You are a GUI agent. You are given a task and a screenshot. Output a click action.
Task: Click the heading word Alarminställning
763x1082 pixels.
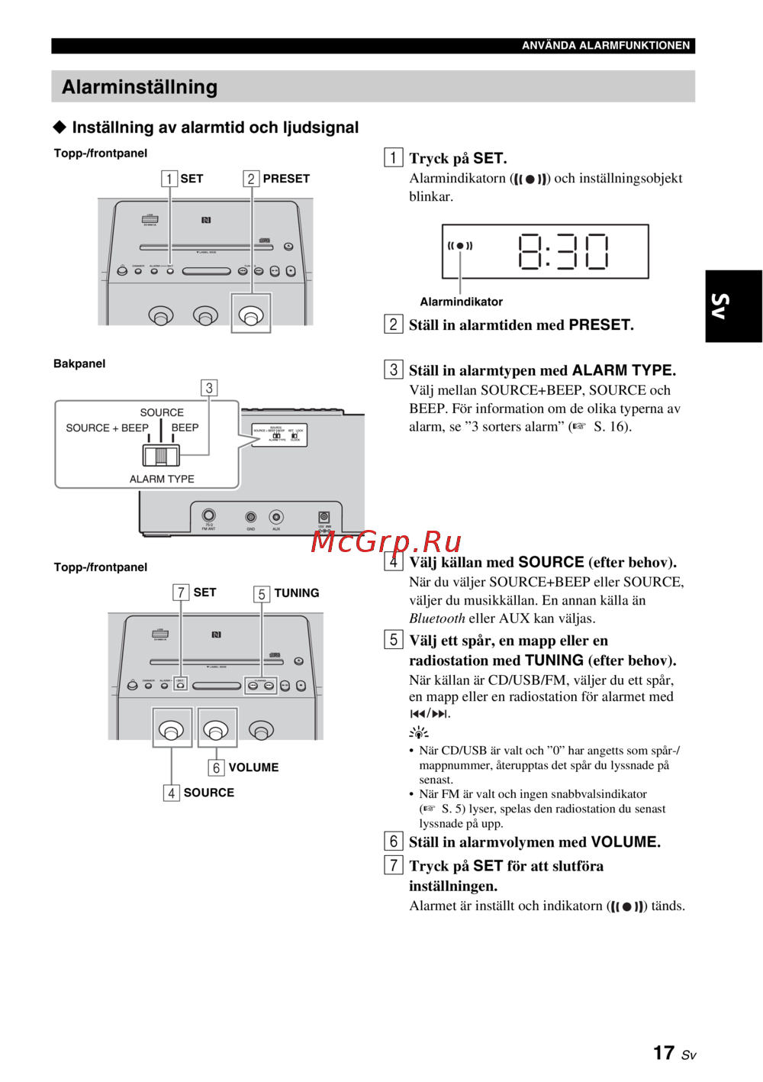140,87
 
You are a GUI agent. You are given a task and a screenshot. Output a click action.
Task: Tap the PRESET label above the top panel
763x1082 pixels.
286,179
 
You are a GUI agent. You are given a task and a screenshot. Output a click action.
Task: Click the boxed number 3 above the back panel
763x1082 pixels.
209,388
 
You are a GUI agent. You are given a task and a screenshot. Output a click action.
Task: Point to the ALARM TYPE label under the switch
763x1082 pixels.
162,479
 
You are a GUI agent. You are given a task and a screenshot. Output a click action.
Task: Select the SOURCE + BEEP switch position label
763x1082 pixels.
107,428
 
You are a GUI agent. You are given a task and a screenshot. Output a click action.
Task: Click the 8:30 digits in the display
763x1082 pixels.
563,252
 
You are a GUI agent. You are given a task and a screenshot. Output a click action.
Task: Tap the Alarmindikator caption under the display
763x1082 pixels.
461,302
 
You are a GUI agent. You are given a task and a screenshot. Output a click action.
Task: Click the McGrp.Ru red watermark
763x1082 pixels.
386,541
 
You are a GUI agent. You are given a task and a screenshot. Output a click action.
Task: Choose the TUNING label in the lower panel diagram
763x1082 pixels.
296,593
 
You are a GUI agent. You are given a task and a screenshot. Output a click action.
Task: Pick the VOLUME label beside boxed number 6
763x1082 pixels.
253,767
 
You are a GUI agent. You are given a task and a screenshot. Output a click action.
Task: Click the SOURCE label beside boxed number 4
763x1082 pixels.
208,793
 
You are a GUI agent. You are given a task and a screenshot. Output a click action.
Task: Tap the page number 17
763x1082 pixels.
664,1053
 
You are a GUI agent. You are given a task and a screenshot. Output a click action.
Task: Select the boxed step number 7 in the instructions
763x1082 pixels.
393,865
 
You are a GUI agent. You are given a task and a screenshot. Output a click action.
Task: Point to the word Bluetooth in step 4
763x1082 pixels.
436,619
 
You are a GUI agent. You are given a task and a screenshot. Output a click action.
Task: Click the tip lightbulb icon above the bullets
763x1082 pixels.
418,733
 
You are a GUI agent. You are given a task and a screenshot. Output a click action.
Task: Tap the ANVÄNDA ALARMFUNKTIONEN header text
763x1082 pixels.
606,46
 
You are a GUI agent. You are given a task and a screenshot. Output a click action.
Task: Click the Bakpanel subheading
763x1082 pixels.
79,363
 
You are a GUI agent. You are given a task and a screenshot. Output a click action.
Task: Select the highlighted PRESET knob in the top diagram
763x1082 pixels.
251,314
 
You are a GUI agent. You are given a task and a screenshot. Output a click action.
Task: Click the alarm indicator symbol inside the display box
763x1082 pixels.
460,246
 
